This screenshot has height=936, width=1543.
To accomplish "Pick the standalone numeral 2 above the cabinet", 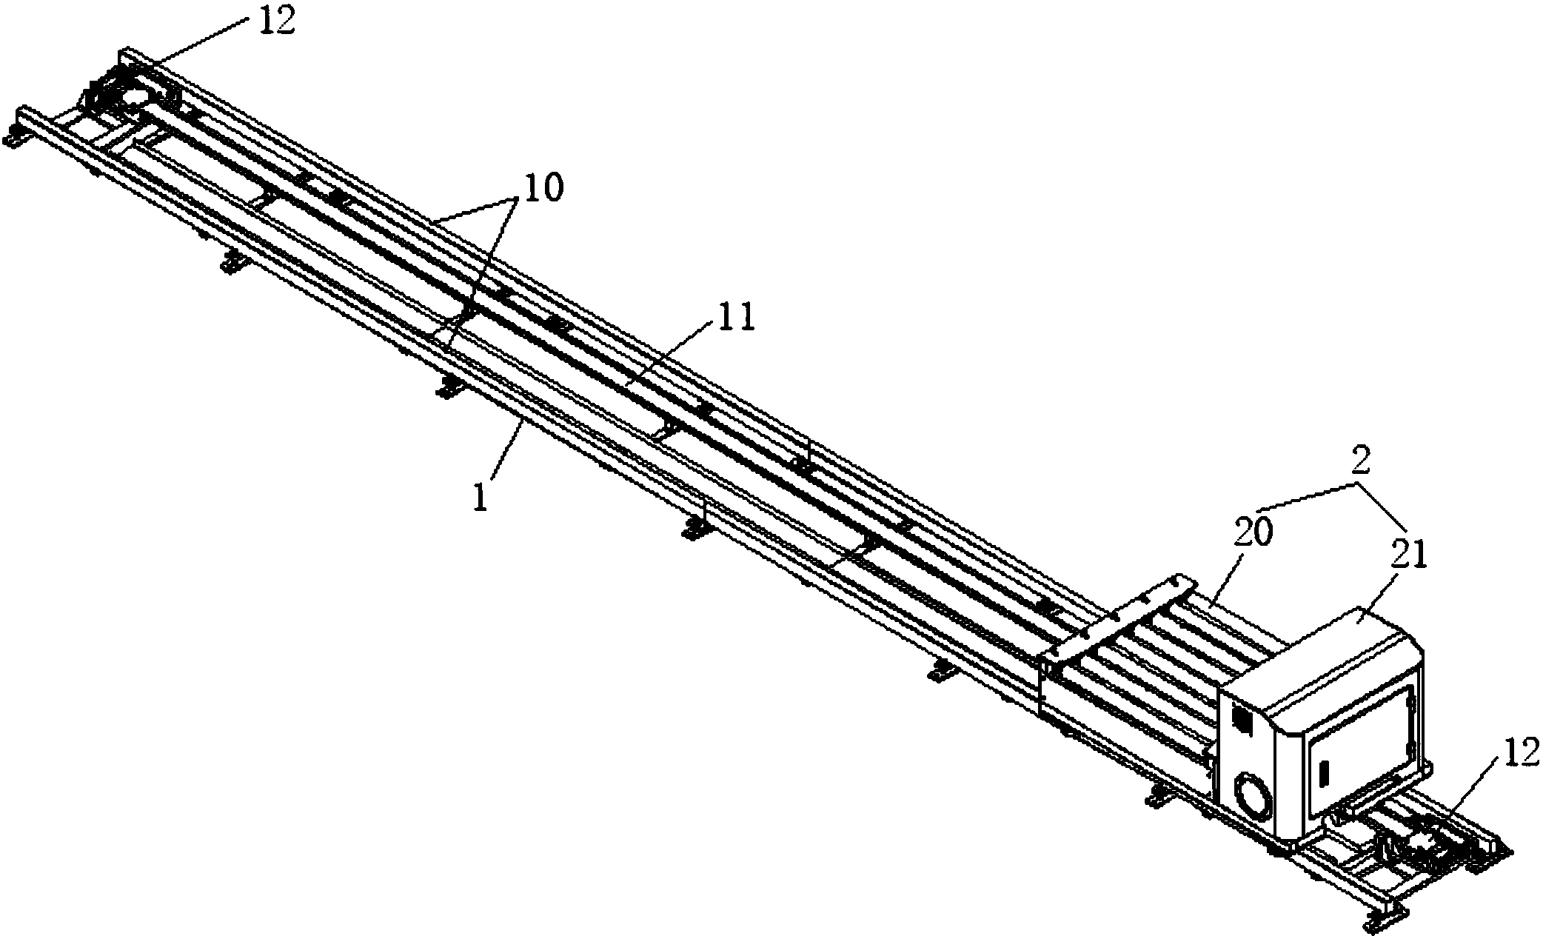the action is (1359, 462).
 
